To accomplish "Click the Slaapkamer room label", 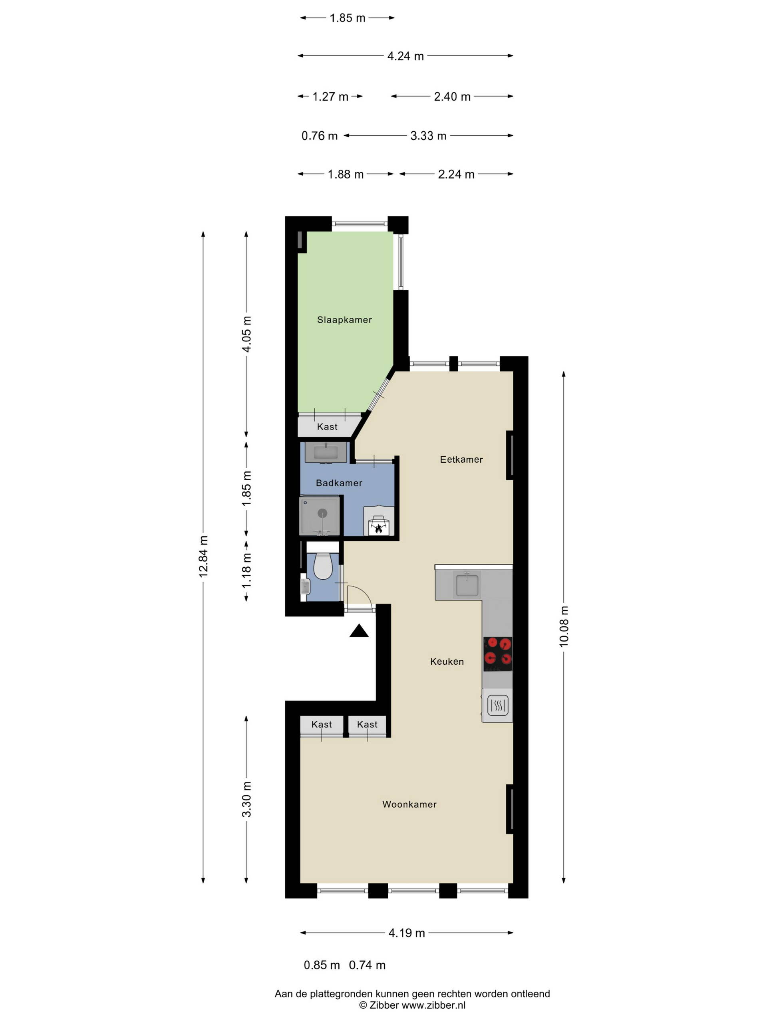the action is click(x=344, y=320).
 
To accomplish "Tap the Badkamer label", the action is click(x=339, y=483).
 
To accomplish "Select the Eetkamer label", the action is click(x=461, y=459).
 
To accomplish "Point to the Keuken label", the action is click(x=447, y=661).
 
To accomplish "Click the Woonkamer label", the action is click(x=409, y=804).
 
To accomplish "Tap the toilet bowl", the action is click(x=323, y=566).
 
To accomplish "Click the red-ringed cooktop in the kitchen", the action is click(x=498, y=654).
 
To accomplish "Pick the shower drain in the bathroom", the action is click(x=322, y=513).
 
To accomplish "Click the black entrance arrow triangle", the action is click(x=359, y=631).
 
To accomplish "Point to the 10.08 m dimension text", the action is click(x=564, y=626).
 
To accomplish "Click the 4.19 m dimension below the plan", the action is click(x=407, y=933).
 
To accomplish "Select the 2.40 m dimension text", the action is click(x=452, y=97).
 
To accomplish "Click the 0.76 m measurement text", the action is click(x=320, y=136).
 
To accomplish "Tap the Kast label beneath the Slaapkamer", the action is click(x=327, y=426).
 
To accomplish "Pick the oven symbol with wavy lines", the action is click(x=498, y=705).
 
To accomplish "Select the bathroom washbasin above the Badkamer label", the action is click(x=326, y=452).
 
